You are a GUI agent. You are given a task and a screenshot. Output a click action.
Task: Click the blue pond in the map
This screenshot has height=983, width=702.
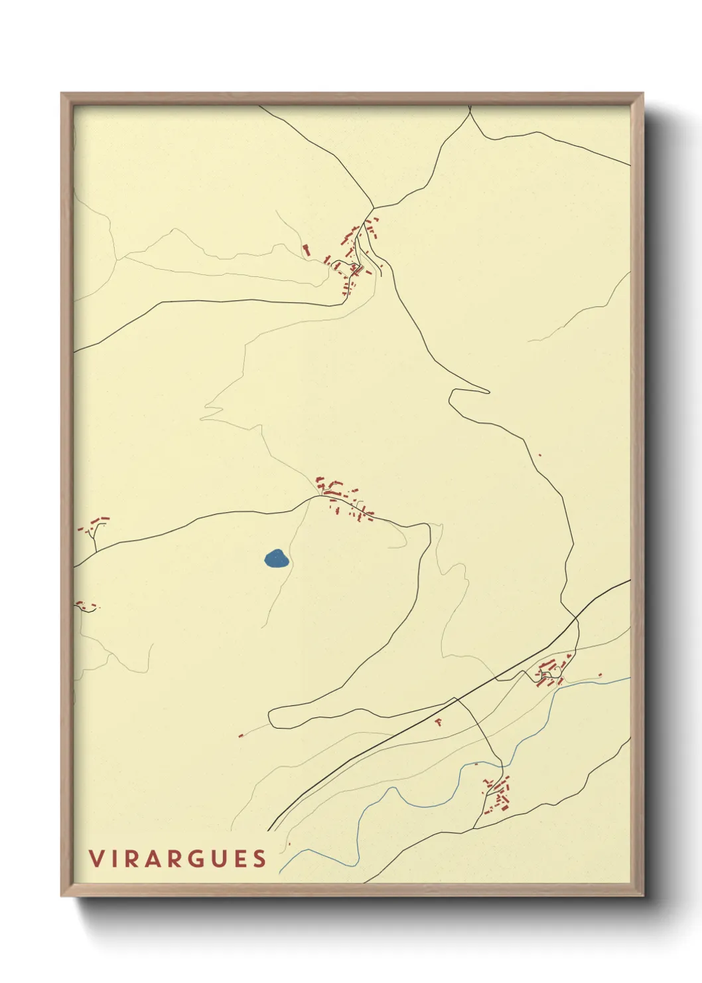(x=276, y=559)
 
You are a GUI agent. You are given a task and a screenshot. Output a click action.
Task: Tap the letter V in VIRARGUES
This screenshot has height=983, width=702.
(x=97, y=859)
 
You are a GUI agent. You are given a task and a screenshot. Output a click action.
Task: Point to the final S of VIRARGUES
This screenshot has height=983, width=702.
(x=259, y=859)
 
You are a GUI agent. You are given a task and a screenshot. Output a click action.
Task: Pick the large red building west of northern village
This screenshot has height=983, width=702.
(x=306, y=250)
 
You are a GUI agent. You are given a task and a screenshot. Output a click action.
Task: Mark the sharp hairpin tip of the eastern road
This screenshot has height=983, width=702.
(x=488, y=392)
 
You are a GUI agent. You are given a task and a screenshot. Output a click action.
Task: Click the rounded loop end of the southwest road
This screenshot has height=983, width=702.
(x=271, y=717)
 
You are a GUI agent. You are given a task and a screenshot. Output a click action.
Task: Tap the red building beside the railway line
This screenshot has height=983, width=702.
(x=438, y=721)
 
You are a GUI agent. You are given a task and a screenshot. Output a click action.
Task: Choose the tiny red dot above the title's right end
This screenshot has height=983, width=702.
(x=289, y=844)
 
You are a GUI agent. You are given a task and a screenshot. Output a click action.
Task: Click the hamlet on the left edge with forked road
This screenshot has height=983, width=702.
(x=94, y=528)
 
